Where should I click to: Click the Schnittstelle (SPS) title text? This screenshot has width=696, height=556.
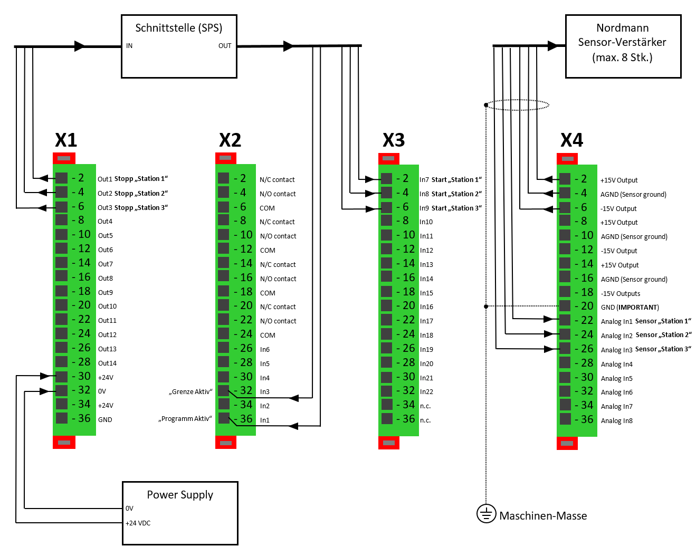point(178,28)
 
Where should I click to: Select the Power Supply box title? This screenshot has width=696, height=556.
point(180,495)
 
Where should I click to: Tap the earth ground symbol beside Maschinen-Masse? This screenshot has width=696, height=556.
point(486,513)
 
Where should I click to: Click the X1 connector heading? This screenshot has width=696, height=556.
point(66,140)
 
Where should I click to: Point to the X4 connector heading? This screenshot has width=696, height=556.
point(571,140)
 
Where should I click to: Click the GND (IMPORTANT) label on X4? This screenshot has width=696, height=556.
point(630,308)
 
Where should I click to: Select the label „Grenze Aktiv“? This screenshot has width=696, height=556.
point(190,392)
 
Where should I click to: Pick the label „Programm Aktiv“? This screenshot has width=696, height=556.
point(185,419)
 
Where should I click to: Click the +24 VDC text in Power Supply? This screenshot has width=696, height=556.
point(138,523)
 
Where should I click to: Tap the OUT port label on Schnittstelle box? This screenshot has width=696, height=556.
point(225,46)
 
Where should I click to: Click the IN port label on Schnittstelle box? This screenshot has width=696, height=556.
point(129,46)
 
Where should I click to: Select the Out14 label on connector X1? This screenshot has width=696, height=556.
point(107,363)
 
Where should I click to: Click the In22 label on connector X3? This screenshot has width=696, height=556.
point(426,392)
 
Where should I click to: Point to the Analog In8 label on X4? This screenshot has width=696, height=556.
point(616,421)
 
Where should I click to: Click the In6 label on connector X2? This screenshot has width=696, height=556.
point(264,350)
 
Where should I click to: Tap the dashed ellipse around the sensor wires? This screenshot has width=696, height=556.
point(517,105)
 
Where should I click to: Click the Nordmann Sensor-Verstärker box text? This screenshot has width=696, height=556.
point(623,43)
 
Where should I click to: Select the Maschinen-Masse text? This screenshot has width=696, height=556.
point(543,516)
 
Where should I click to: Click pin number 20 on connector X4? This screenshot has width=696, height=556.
point(587,306)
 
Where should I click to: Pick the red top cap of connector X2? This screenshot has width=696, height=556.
point(225,158)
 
